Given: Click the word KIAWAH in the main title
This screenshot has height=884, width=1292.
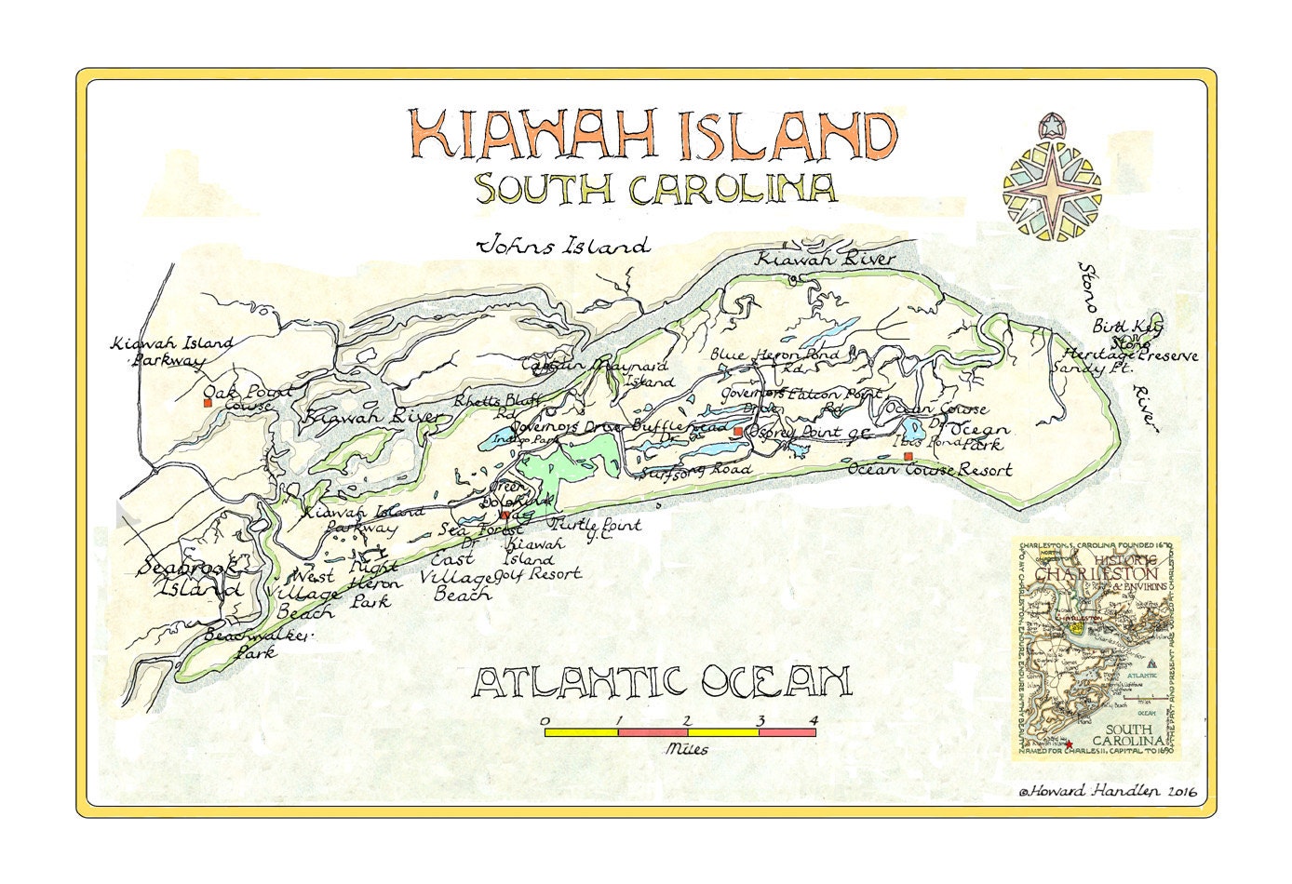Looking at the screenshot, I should point(536,135).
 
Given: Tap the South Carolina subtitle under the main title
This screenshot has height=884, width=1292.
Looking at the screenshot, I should point(655,188).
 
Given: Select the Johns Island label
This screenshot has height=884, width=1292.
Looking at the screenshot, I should point(562,247).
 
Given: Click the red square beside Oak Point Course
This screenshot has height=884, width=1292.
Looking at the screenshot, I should point(208,404).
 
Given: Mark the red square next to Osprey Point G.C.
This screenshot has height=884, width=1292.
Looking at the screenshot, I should point(737,432).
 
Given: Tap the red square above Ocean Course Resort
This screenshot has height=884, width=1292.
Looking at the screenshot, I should point(908,456).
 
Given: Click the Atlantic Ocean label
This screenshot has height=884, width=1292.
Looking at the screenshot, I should point(662,682).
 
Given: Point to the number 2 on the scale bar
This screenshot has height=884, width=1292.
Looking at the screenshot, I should point(686,720).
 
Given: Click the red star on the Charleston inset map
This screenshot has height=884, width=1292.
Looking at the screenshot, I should point(1069,743).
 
